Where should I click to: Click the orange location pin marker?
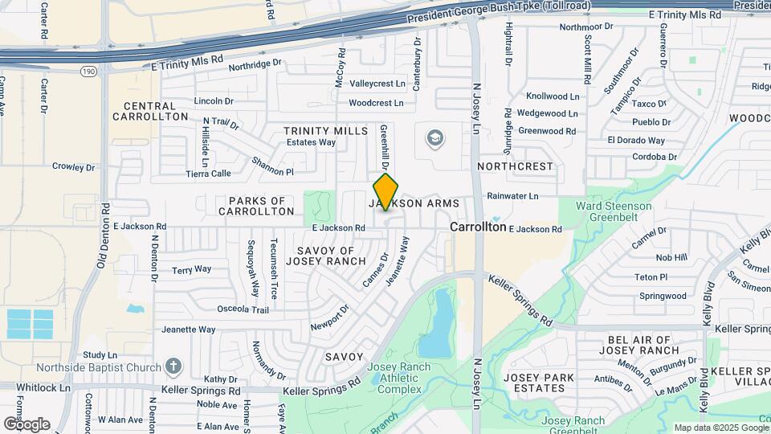click(386, 192)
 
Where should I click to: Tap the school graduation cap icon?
click(435, 138)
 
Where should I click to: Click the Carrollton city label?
click(478, 227)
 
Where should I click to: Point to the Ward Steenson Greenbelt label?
click(614, 211)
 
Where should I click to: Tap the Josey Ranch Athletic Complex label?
click(398, 379)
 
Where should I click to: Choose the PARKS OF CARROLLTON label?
click(256, 206)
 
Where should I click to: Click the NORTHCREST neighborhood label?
click(516, 166)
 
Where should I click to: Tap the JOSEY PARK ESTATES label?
click(534, 382)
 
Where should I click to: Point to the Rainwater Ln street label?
click(512, 195)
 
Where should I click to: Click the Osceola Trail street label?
click(243, 309)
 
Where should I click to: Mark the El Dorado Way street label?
click(642, 139)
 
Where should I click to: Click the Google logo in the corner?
click(27, 424)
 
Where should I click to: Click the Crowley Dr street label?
click(74, 167)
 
